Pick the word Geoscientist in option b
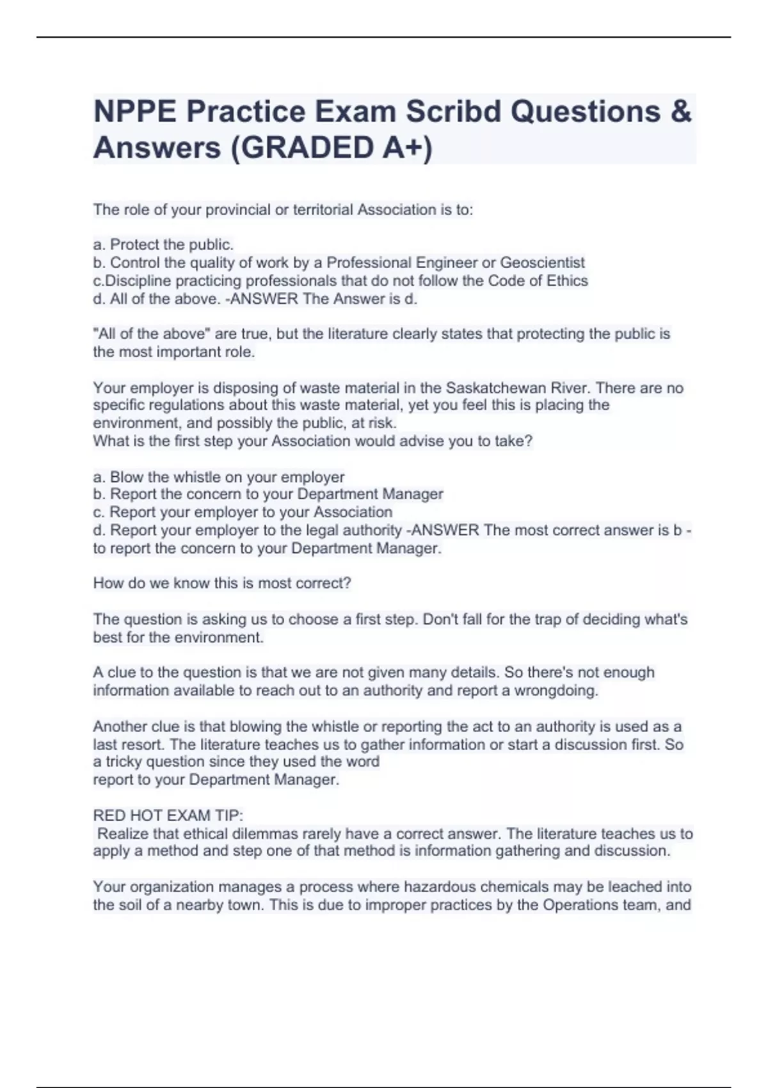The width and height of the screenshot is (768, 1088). pos(542,263)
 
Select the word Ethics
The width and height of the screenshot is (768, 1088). pos(565,281)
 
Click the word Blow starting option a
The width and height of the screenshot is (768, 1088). pos(125,477)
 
